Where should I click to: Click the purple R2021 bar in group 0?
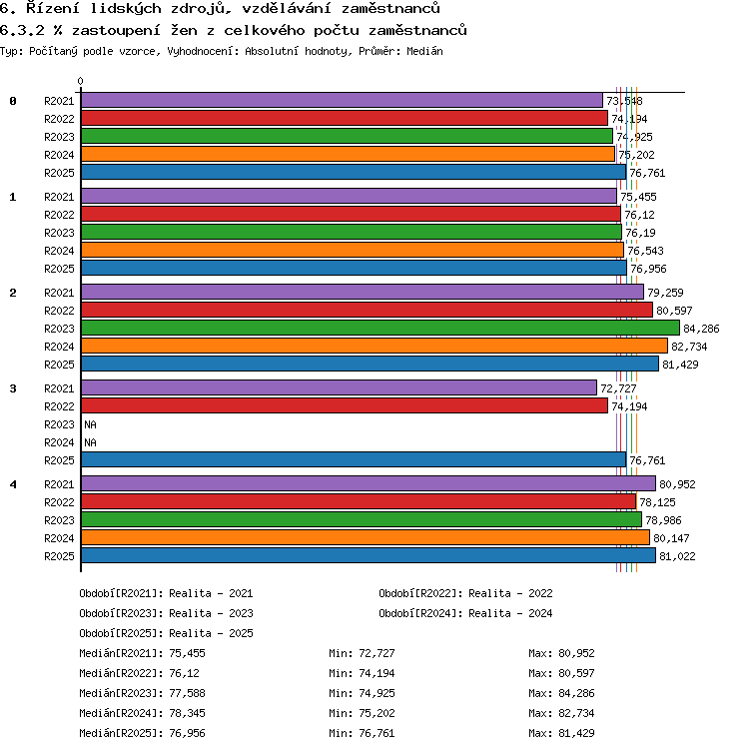pos(342,101)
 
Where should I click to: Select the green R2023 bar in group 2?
pos(380,329)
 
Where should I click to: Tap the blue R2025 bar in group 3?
pos(354,459)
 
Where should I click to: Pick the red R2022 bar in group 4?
pos(359,502)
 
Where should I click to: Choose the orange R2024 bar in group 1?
pos(353,250)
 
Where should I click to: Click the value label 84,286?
pos(701,329)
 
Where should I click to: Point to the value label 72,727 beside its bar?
pos(618,388)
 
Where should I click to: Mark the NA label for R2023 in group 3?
pos(90,424)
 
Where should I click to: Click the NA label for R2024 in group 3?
pos(90,442)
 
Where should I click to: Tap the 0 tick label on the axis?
pos(81,81)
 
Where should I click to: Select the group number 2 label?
pos(13,293)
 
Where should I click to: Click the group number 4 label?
pos(13,484)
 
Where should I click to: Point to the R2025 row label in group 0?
pos(59,173)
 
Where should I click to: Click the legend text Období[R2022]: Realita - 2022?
pos(465,593)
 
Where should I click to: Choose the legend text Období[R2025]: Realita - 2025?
pos(166,633)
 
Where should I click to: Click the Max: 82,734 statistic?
pos(561,713)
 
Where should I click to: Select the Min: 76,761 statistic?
pos(362,733)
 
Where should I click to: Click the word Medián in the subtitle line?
pos(424,51)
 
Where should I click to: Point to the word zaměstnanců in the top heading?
pos(390,8)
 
